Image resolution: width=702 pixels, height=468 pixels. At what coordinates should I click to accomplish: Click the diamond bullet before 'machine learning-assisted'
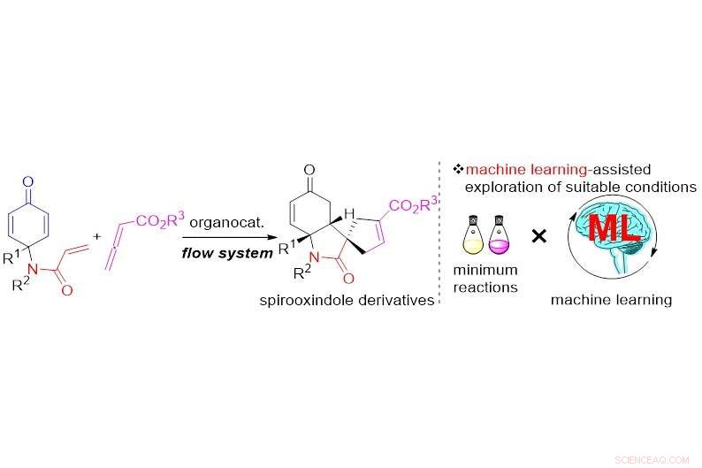(x=458, y=169)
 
